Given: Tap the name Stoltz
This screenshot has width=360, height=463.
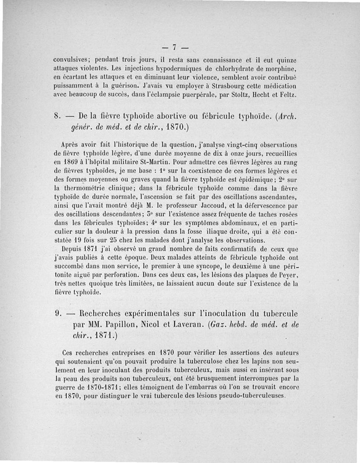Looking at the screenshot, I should pyautogui.click(x=243, y=95).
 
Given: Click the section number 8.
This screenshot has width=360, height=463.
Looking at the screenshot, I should pyautogui.click(x=57, y=116).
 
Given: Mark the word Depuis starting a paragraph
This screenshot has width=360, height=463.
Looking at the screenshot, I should pyautogui.click(x=72, y=248).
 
